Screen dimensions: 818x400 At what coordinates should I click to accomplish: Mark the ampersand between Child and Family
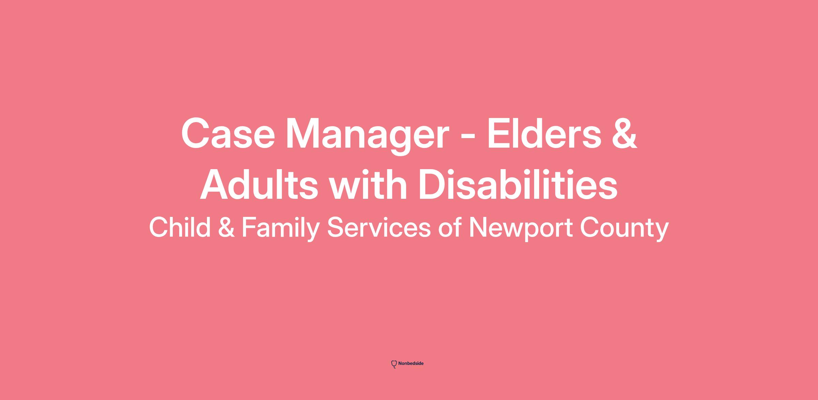(x=226, y=228)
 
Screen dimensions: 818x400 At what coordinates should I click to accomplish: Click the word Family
(x=281, y=229)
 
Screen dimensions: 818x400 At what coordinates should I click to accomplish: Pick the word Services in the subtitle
(x=379, y=227)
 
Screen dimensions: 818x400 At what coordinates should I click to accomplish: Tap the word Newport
(x=521, y=229)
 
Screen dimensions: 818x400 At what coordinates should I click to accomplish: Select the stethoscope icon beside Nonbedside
(x=394, y=364)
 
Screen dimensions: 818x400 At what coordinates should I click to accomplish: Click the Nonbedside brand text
(x=411, y=364)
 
